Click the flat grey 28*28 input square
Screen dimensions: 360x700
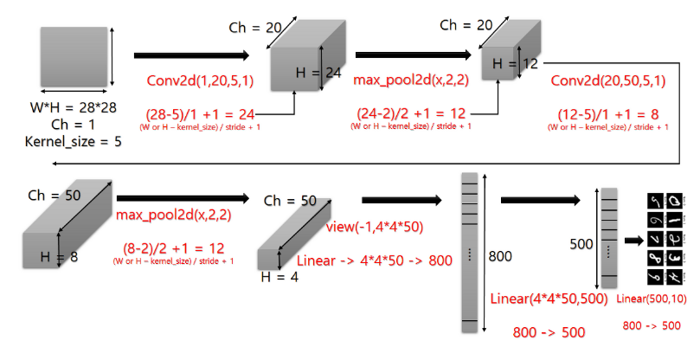click(73, 58)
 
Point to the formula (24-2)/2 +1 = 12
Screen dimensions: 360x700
click(410, 113)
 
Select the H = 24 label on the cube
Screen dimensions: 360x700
click(319, 73)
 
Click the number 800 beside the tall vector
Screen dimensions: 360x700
click(502, 256)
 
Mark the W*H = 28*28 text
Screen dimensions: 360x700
click(73, 109)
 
